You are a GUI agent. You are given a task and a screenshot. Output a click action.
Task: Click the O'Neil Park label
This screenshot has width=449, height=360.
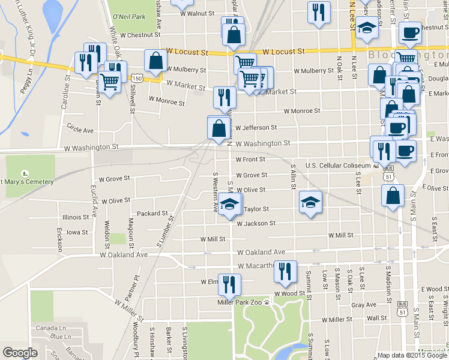coord(129,17)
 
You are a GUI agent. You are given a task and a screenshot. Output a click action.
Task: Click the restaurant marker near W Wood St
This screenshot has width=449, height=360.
coord(285,272)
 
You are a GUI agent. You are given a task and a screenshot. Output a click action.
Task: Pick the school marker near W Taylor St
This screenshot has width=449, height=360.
coord(229,206)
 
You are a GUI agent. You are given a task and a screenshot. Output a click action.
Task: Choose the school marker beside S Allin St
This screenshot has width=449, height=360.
coord(310,202)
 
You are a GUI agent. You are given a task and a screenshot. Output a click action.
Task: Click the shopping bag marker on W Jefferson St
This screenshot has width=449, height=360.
coord(218,127)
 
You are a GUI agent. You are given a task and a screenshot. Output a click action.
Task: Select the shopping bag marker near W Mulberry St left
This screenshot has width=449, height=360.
coord(156,61)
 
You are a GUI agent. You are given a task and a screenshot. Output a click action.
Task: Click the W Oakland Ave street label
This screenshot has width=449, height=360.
coord(261,253)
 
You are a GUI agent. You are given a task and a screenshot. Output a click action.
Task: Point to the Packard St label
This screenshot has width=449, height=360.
coord(152,213)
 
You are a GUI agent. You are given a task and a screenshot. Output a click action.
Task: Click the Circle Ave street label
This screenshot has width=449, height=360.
coord(80,130)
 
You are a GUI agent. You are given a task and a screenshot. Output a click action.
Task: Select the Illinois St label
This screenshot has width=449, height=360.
coord(75,217)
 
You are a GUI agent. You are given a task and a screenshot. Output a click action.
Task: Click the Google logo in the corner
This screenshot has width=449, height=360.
coord(20,353)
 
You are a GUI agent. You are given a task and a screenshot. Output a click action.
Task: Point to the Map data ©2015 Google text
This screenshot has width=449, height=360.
coord(412,355)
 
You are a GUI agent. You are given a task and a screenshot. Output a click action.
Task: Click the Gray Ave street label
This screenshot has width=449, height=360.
coord(364,305)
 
